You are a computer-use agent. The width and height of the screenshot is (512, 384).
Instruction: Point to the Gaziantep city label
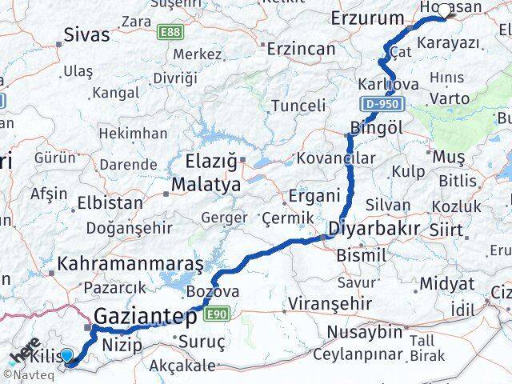click(x=146, y=318)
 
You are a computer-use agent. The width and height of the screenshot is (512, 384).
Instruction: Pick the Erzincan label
click(x=301, y=48)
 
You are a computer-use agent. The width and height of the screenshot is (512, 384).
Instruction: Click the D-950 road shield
click(x=383, y=104)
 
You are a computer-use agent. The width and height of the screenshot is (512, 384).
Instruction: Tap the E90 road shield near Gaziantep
click(x=216, y=314)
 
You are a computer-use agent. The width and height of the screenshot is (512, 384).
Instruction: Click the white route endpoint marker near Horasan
click(x=444, y=10)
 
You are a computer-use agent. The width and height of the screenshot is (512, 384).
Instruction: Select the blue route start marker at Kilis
click(x=66, y=357)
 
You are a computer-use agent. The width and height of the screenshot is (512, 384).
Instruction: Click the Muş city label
click(x=442, y=157)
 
